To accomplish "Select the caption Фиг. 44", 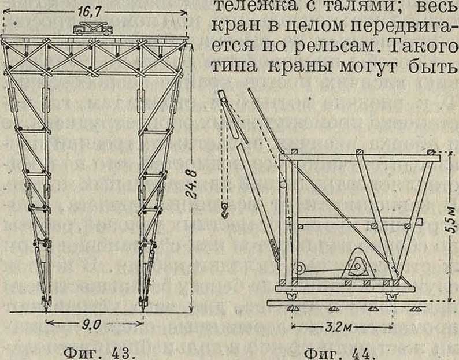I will click(336, 352).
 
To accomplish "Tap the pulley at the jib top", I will click(224, 101).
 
